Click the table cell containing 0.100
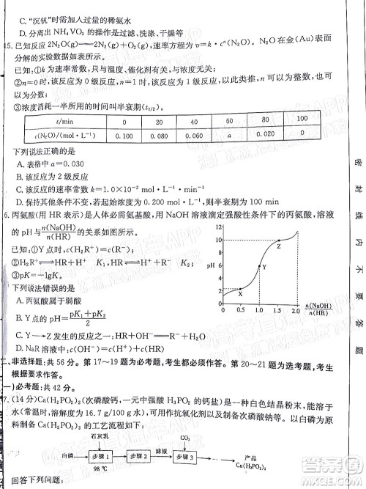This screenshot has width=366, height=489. point(125,136)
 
